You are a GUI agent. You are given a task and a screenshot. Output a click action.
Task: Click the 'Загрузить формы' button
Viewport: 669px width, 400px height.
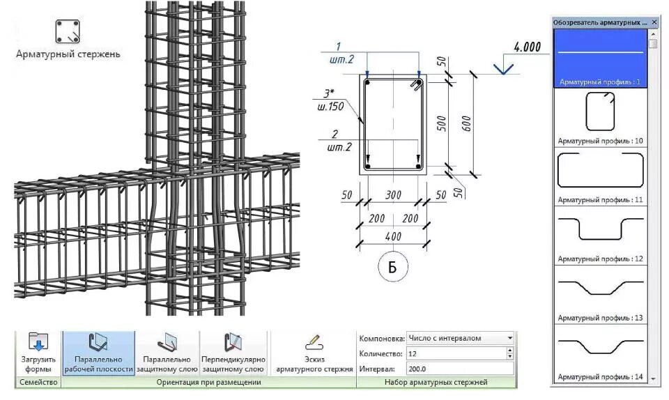[38, 353]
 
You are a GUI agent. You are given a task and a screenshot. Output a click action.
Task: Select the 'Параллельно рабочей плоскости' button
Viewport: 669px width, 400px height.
[98, 353]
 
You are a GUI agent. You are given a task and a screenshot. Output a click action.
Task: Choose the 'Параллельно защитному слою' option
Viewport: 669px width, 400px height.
[166, 353]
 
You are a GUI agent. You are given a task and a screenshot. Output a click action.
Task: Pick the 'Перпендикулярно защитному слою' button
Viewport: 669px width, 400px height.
[233, 353]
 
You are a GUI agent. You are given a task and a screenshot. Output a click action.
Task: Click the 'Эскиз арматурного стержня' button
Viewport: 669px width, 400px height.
[314, 353]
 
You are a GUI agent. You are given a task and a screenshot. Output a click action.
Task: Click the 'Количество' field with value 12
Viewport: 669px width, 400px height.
[456, 353]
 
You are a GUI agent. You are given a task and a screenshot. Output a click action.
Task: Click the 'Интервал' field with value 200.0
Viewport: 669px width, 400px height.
[460, 368]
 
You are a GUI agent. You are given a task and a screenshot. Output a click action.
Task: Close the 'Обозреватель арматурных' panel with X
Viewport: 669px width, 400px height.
[654, 22]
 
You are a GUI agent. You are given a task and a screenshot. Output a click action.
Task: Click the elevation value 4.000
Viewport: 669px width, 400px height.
[527, 48]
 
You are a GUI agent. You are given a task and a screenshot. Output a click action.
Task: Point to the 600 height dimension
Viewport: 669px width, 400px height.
[466, 124]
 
